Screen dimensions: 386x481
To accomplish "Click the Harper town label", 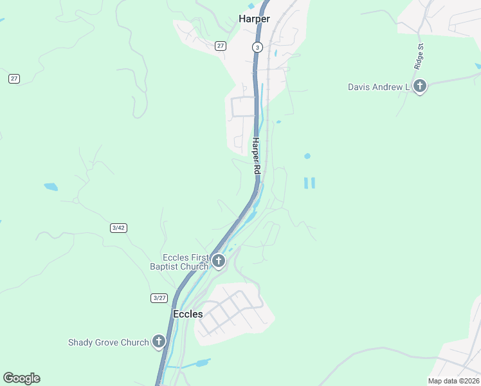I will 254,19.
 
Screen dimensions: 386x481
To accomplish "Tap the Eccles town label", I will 188,314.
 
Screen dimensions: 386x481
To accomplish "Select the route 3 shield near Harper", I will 257,47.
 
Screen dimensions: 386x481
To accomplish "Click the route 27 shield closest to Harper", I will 221,46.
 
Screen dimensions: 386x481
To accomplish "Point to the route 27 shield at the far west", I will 14,78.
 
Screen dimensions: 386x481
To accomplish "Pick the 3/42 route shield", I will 118,228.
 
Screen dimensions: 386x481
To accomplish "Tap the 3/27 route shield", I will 159,297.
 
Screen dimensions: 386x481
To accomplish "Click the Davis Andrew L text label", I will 379,87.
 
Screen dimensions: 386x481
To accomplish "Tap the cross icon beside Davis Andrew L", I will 420,86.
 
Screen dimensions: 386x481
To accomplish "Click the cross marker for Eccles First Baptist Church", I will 219,261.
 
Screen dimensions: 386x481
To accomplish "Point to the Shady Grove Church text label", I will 109,342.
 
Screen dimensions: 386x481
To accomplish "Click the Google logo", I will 21,378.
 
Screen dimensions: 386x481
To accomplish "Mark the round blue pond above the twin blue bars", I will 307,156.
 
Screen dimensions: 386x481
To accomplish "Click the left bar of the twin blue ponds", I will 305,183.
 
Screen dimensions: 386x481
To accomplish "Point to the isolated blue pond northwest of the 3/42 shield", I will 50,187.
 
